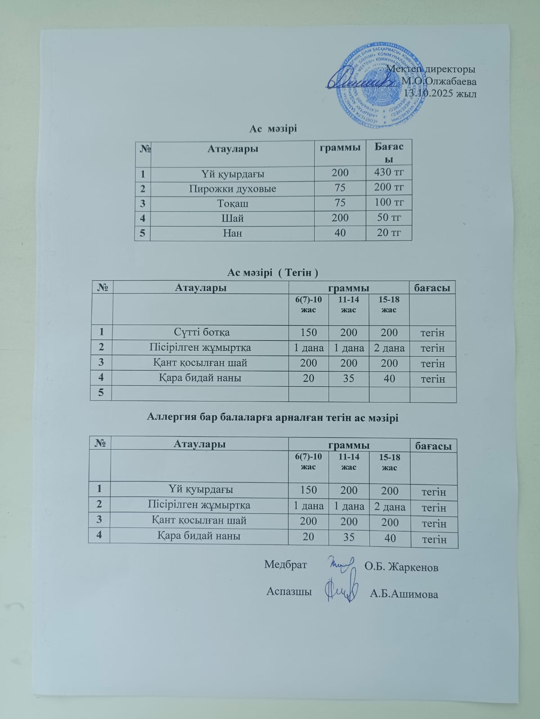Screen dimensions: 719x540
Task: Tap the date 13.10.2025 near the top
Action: pyautogui.click(x=441, y=93)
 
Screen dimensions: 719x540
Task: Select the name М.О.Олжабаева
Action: pyautogui.click(x=439, y=81)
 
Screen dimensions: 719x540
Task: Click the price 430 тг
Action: pyautogui.click(x=389, y=172)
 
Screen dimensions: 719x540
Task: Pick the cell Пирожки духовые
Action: pyautogui.click(x=232, y=188)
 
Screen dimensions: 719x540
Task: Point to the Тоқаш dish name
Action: pyautogui.click(x=232, y=203)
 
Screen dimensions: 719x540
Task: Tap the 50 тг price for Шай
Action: pyautogui.click(x=389, y=218)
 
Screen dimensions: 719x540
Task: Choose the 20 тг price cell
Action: pyautogui.click(x=389, y=232)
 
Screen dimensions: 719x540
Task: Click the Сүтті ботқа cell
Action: pyautogui.click(x=202, y=332)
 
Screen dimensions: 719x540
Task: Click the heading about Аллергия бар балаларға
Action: pyautogui.click(x=273, y=417)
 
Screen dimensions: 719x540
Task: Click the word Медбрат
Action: pyautogui.click(x=285, y=565)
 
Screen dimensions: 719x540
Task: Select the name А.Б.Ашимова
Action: pyautogui.click(x=404, y=594)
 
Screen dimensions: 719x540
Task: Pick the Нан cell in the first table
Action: pyautogui.click(x=232, y=233)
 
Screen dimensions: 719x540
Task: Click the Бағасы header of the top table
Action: pyautogui.click(x=389, y=153)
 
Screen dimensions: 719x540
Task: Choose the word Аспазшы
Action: pyautogui.click(x=289, y=591)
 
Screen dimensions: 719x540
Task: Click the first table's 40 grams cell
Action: pyautogui.click(x=340, y=232)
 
